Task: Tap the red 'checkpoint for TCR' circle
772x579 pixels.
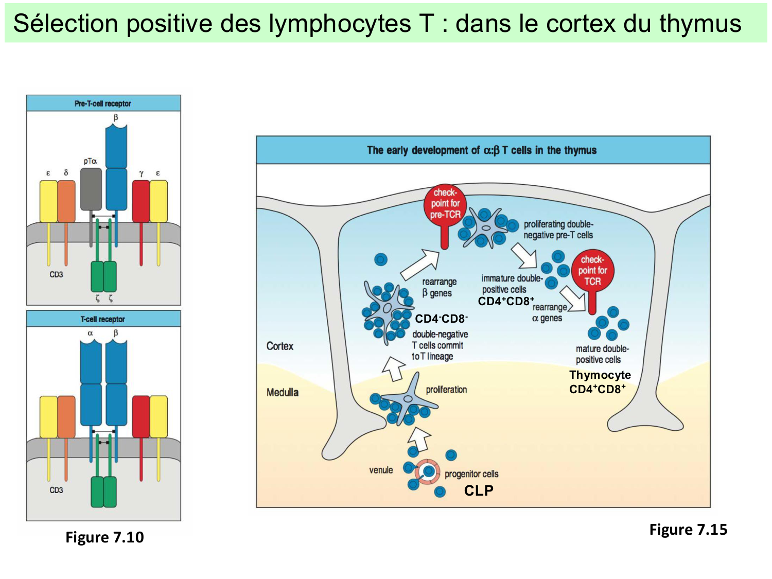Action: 592,271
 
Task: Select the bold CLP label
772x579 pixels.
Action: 479,490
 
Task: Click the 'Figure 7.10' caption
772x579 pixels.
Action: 104,537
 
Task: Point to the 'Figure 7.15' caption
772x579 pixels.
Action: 688,530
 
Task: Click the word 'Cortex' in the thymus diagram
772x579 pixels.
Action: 279,346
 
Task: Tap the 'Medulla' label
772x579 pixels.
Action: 283,392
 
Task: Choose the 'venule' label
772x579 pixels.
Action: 381,470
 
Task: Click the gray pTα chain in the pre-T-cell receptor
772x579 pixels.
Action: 91,189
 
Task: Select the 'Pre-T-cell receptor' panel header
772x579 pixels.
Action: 103,103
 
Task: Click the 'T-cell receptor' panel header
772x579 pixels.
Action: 103,319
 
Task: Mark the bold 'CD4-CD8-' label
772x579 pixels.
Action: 441,319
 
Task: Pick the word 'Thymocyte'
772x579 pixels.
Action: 600,375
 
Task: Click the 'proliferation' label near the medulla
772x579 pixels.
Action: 446,390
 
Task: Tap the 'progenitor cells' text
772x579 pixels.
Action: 471,474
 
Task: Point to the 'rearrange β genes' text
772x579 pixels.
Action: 439,287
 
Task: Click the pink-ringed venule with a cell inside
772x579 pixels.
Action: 427,471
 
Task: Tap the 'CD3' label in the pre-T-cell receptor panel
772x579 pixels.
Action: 56,274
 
